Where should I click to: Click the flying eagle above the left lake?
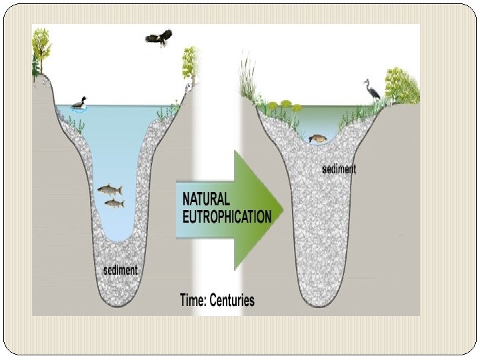coord(158,38)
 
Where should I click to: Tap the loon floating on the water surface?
coord(80,105)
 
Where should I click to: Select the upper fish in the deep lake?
coord(109,190)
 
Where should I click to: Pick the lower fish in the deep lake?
coord(114,202)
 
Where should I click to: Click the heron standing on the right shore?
coord(371,89)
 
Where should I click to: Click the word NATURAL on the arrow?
coord(206,199)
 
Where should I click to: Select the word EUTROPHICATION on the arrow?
coord(227,217)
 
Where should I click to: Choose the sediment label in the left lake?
coord(121,270)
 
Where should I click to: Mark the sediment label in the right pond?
coord(339,169)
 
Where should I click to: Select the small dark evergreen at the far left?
coord(35,63)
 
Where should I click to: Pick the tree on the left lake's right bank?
coord(191,63)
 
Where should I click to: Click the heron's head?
coord(365,81)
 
